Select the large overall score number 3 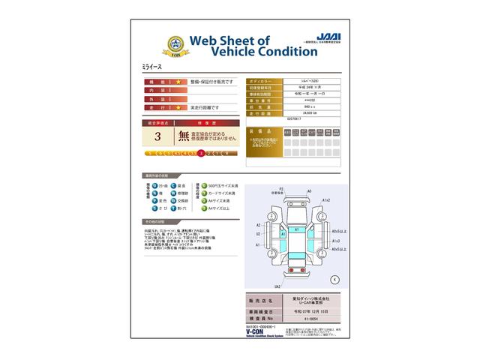[157, 136]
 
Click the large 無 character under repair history [183, 136]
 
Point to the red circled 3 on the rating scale [201, 153]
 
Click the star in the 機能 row [178, 80]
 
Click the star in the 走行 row [178, 107]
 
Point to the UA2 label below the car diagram [277, 286]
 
